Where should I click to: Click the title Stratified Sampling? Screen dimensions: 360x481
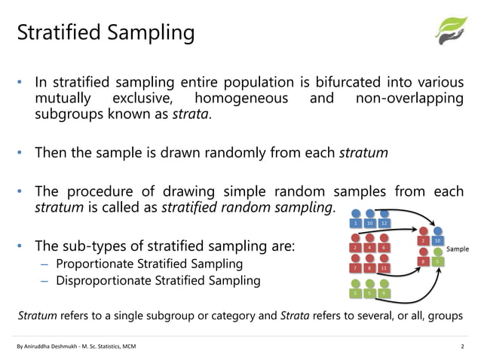pyautogui.click(x=106, y=33)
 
